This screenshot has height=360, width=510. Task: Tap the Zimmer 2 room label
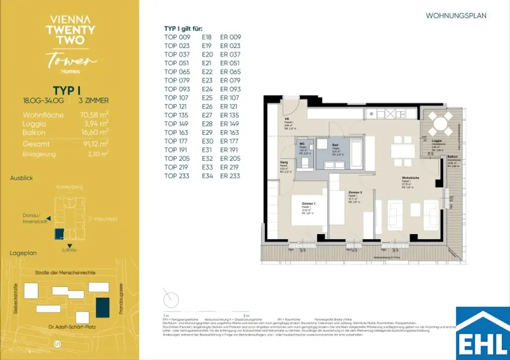coord(355,193)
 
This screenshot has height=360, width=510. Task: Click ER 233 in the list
coord(230,176)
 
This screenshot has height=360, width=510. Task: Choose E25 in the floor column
coord(207,98)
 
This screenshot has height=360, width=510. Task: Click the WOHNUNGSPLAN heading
coord(456,16)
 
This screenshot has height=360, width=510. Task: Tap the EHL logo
coord(483,333)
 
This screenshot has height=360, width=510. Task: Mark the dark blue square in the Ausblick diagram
coord(59,234)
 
